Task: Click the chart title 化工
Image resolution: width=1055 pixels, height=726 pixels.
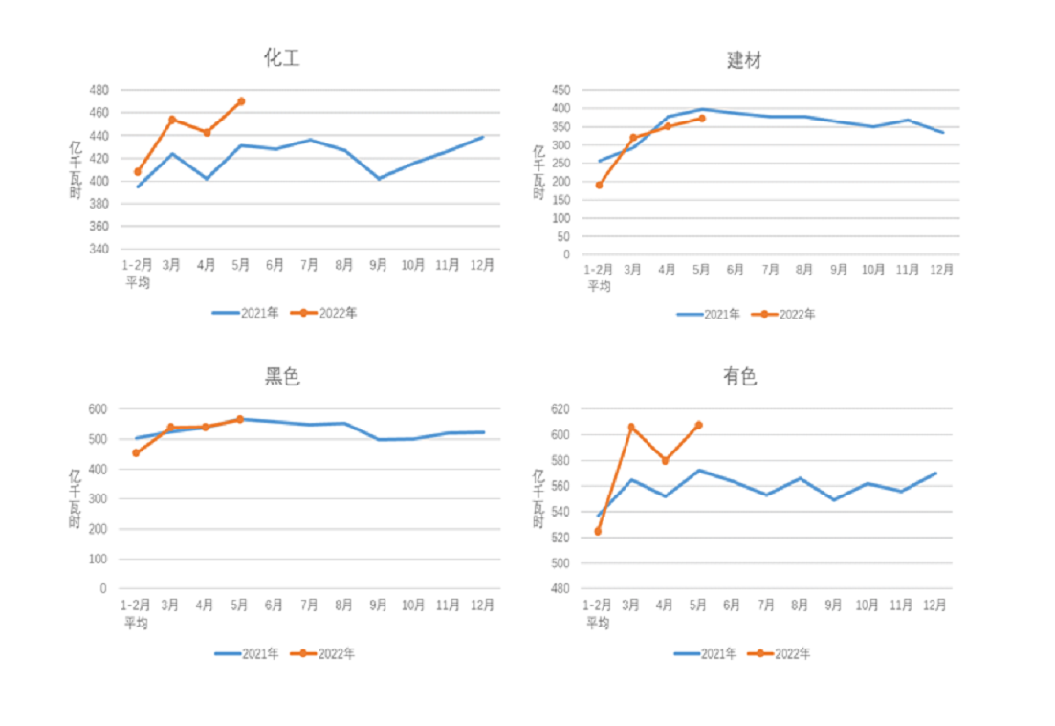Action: (x=282, y=58)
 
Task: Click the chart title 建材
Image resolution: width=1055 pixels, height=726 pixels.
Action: (x=744, y=60)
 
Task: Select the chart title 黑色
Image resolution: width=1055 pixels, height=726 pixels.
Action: (x=282, y=377)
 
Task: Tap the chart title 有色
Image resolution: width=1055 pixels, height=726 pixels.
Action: (x=740, y=377)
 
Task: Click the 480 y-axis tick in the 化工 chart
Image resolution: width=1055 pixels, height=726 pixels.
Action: (x=99, y=90)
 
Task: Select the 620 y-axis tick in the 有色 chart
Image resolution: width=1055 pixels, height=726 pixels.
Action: (x=560, y=409)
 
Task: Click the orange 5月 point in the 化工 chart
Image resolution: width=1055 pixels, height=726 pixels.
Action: (x=241, y=101)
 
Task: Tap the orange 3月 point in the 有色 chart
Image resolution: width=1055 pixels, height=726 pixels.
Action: (x=631, y=427)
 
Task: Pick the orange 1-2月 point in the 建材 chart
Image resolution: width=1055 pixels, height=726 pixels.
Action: (x=599, y=185)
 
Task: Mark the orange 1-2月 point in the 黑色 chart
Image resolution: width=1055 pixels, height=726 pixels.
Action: (x=136, y=452)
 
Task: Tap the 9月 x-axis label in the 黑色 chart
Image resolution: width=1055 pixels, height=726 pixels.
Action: (x=378, y=605)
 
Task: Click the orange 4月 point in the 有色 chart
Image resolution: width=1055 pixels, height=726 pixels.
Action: (x=665, y=461)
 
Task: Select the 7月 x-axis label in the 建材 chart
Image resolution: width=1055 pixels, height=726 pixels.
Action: (x=771, y=270)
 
